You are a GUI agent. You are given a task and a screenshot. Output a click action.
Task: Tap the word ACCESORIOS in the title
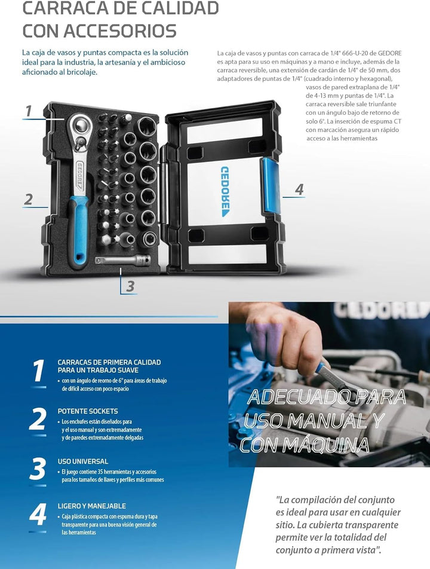[119, 31]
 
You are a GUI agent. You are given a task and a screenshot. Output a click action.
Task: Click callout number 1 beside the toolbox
[29, 111]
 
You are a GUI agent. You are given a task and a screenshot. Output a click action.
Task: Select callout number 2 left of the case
[28, 199]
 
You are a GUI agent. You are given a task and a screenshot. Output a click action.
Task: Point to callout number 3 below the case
[130, 286]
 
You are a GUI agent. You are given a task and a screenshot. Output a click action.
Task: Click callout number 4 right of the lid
[299, 189]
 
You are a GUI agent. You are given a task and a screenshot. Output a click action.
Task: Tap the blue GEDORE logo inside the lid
[225, 192]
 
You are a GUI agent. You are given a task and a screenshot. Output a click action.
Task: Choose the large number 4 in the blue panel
[38, 514]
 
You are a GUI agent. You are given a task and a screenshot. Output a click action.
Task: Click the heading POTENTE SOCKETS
[88, 411]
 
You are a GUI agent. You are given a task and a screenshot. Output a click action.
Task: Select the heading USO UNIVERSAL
[83, 461]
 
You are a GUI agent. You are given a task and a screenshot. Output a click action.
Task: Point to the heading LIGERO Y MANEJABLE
[92, 506]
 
